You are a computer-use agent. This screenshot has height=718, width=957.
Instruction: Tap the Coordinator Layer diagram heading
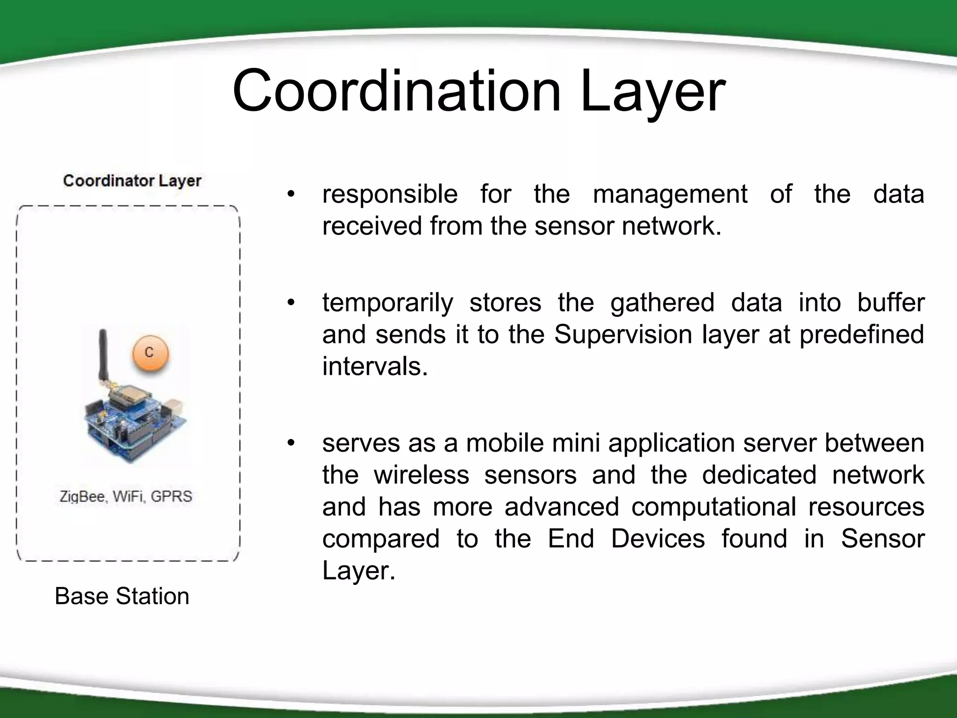tap(132, 181)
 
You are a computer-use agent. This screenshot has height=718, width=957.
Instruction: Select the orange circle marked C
tap(149, 352)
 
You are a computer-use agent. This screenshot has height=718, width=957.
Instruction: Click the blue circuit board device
tap(136, 421)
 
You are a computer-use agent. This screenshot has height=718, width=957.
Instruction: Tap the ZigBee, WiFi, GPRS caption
tap(126, 496)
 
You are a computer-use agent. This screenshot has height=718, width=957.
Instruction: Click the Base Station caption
tap(122, 596)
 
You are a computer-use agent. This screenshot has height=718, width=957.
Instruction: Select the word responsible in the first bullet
tap(390, 194)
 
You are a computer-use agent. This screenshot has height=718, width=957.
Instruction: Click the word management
tap(670, 194)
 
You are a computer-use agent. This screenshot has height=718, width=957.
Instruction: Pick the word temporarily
tap(387, 303)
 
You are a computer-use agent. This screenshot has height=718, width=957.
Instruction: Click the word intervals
tap(375, 366)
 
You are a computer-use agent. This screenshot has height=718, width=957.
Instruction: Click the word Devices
tap(657, 539)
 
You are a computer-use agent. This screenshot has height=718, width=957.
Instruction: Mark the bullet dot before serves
tap(291, 443)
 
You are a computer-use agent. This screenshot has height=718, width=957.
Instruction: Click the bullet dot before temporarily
tap(291, 303)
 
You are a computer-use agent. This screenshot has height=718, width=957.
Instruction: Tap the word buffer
tap(890, 303)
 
